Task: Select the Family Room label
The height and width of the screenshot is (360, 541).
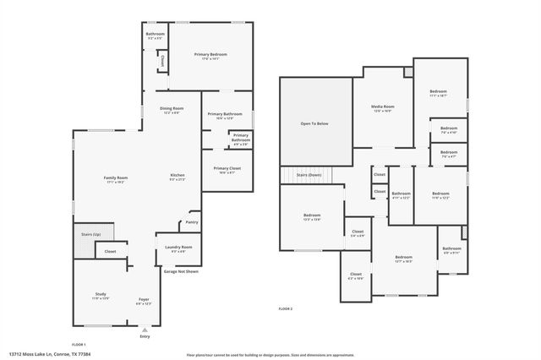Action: (116, 179)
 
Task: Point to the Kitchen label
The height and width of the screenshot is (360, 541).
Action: (178, 177)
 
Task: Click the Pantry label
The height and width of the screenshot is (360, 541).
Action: (191, 222)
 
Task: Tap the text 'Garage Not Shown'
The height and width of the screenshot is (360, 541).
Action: (181, 271)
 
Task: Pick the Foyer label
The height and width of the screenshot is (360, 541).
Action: (144, 301)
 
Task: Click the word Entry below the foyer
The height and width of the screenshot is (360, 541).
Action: (145, 336)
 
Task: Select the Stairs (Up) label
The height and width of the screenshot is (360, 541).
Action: (90, 233)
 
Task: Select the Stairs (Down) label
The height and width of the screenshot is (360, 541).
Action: (309, 174)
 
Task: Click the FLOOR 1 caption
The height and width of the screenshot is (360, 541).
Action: (78, 345)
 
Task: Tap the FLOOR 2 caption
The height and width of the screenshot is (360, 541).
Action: (285, 309)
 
